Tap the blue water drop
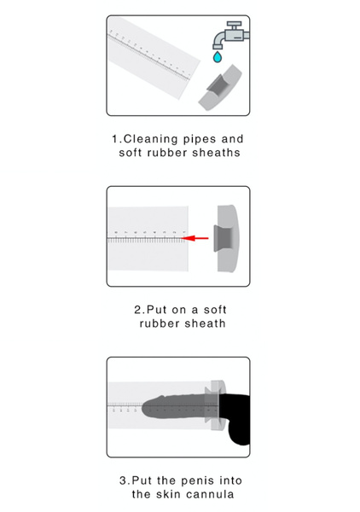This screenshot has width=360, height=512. tap(218, 57)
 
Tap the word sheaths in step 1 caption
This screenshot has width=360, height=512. tap(215, 153)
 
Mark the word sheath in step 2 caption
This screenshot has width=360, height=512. tap(203, 323)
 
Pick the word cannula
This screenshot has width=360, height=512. tap(220, 494)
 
